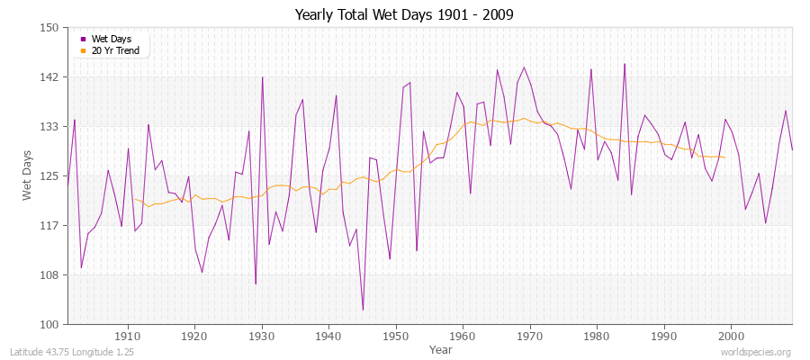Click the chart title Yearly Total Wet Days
pyautogui.click(x=405, y=15)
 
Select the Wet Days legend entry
pyautogui.click(x=111, y=40)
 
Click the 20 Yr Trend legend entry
pyautogui.click(x=115, y=50)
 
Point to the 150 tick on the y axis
pyautogui.click(x=49, y=28)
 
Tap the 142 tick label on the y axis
pyautogui.click(x=49, y=77)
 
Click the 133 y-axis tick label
pyautogui.click(x=49, y=127)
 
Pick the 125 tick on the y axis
pyautogui.click(x=49, y=175)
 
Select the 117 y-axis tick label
pyautogui.click(x=49, y=225)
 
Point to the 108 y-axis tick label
pyautogui.click(x=49, y=274)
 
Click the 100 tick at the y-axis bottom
pyautogui.click(x=49, y=324)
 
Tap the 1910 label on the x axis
pyautogui.click(x=128, y=336)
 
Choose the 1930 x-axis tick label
pyautogui.click(x=262, y=336)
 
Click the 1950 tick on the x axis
pyautogui.click(x=395, y=336)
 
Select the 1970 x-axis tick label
pyautogui.click(x=529, y=336)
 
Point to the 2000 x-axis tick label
pyautogui.click(x=730, y=336)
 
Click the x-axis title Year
pyautogui.click(x=441, y=348)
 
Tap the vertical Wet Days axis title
pyautogui.click(x=27, y=176)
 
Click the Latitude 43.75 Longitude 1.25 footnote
pyautogui.click(x=72, y=352)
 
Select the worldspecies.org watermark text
pyautogui.click(x=756, y=352)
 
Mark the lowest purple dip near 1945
pyautogui.click(x=363, y=310)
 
